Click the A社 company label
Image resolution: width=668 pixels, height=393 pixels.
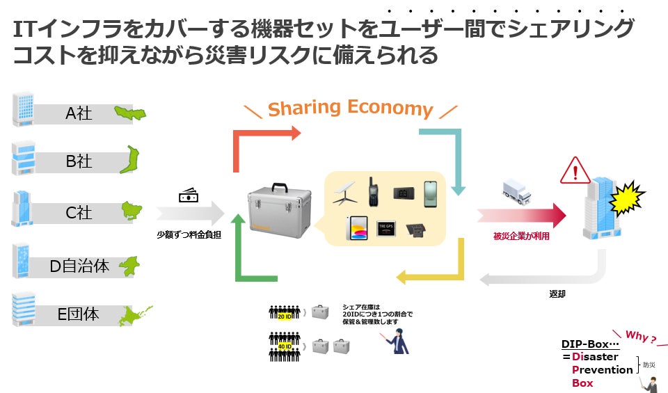click(x=79, y=113)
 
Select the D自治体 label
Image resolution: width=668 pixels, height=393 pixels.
click(x=79, y=265)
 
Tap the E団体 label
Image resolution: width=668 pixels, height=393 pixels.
click(x=78, y=314)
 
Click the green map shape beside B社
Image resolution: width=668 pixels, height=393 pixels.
click(x=129, y=160)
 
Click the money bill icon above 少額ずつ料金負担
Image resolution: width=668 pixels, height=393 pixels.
click(x=189, y=196)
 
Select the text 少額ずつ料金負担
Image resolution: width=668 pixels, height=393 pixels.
click(x=189, y=234)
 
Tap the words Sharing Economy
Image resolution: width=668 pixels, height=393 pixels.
click(x=351, y=108)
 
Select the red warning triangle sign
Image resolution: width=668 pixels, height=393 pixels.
click(x=575, y=170)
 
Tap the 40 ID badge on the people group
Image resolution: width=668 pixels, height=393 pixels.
click(x=284, y=345)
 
